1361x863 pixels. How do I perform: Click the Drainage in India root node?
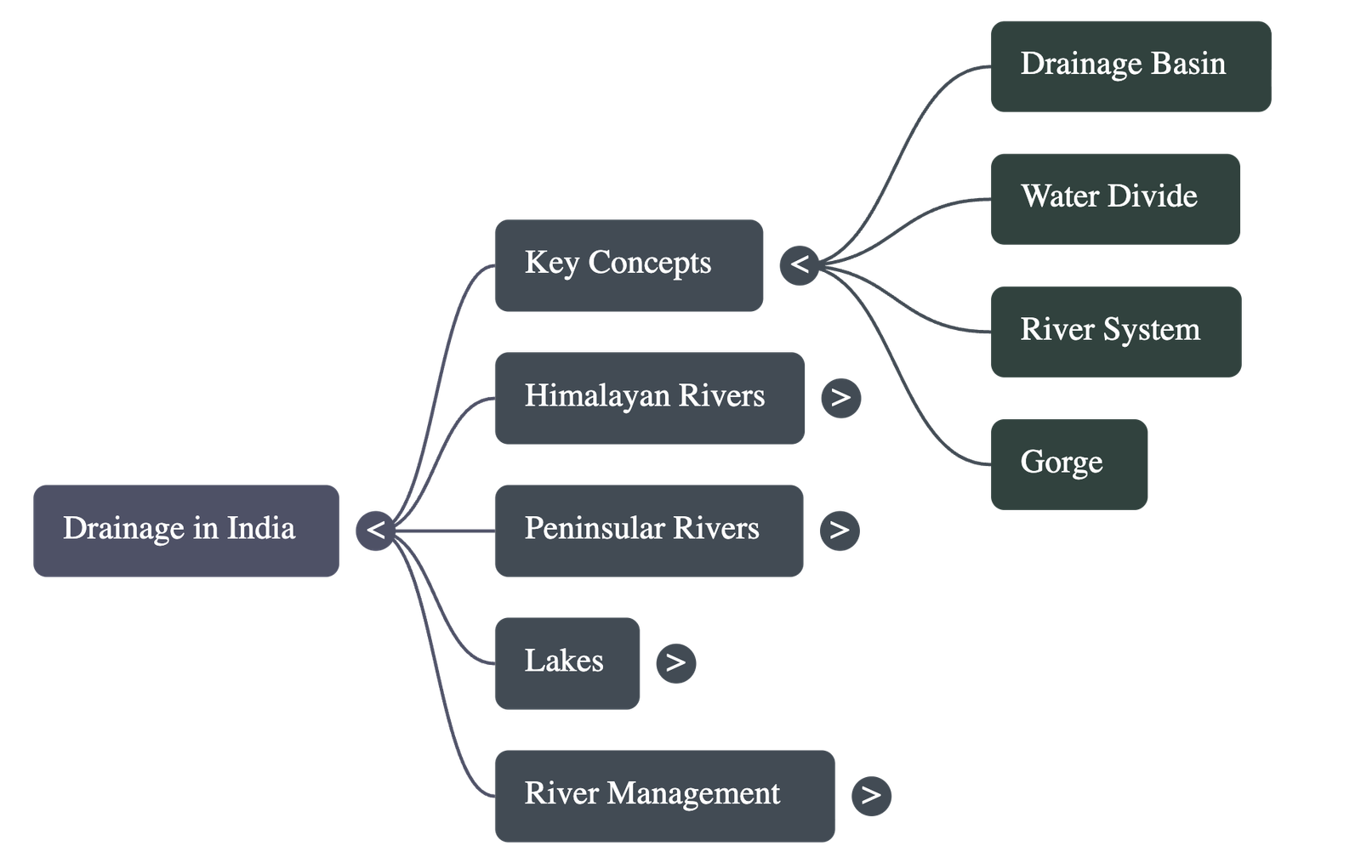coord(185,531)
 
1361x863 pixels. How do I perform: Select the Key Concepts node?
coord(629,265)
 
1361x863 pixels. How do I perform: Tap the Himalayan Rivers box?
coord(649,398)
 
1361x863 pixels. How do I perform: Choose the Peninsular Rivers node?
coord(648,531)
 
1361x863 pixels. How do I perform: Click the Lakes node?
coord(567,663)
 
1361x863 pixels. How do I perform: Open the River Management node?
coord(664,796)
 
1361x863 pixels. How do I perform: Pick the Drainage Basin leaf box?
coord(1130,66)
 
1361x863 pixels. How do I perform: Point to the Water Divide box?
coord(1115,199)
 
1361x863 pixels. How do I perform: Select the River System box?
coord(1115,332)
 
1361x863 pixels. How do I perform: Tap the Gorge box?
coord(1068,464)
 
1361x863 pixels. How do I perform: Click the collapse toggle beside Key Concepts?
coord(799,265)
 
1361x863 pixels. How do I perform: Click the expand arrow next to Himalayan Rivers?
coord(840,398)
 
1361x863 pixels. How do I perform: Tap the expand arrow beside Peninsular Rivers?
coord(840,531)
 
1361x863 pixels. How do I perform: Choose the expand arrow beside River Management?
coord(871,796)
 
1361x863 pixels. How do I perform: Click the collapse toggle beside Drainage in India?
coord(375,531)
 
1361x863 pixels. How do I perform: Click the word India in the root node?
coord(261,529)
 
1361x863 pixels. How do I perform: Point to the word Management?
coord(693,794)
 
